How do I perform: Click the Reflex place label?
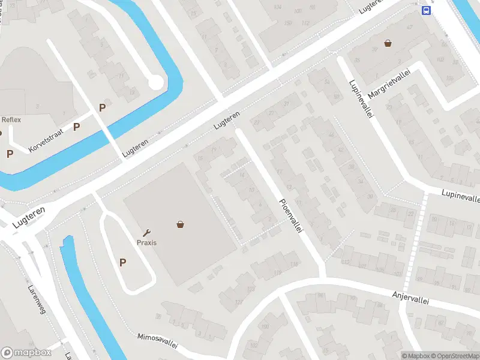pos(11,119)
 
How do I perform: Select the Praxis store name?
pos(146,243)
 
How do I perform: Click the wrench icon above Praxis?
pos(146,233)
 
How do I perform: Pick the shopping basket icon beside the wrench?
pos(180,224)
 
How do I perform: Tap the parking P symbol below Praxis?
pos(123,262)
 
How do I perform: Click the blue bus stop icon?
pos(425,10)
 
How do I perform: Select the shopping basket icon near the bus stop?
pos(388,43)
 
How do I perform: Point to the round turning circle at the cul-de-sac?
pos(156,82)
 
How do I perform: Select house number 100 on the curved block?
pos(265,326)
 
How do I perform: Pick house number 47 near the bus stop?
pos(410,27)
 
